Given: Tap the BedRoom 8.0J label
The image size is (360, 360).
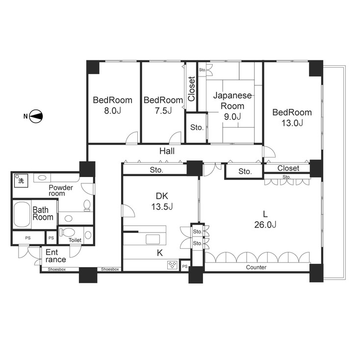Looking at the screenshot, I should (x=113, y=105).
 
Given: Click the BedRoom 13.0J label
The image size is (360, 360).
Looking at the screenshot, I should (x=292, y=117).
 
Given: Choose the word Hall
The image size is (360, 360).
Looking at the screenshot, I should (x=167, y=151).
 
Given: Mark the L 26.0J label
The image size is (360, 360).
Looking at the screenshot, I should (x=265, y=219).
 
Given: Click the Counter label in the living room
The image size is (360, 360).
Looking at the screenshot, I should (x=256, y=267).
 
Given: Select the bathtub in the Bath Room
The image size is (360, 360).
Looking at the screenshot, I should (x=21, y=215).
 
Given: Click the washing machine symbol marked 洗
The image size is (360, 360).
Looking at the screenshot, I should (x=20, y=180).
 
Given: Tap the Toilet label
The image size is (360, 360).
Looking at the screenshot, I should (x=75, y=240).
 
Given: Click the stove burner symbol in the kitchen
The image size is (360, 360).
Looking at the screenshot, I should (x=173, y=265).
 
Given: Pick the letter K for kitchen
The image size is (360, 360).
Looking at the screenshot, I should (x=159, y=253).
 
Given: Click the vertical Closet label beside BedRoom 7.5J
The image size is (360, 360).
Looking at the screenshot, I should (x=191, y=89).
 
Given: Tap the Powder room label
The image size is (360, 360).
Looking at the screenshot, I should (x=60, y=190).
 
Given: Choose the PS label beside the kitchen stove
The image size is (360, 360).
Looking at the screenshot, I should (x=184, y=266).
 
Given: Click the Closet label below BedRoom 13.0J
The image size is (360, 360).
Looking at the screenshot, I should (x=287, y=168).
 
